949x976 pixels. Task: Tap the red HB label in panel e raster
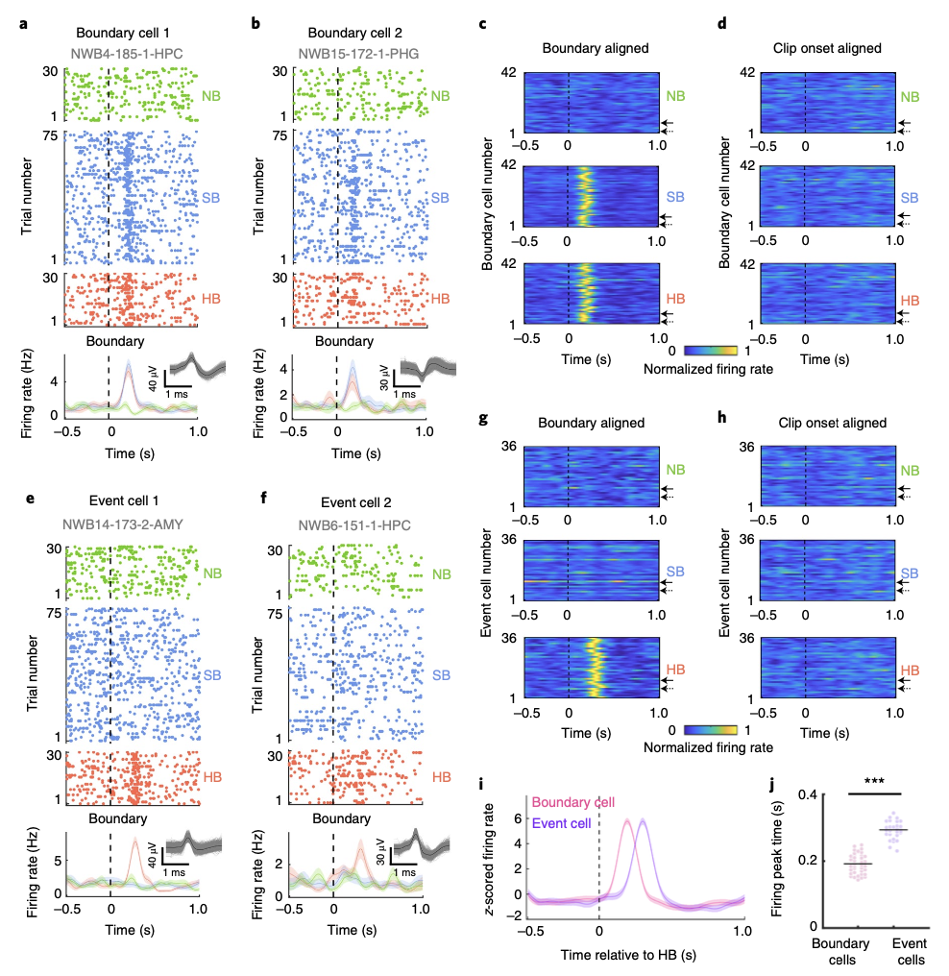[x=211, y=775]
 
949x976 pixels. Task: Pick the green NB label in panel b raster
[x=440, y=96]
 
